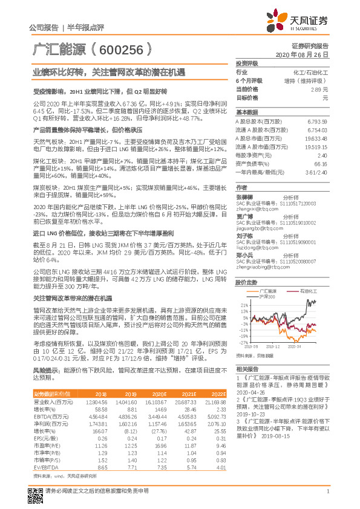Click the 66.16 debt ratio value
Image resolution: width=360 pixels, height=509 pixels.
[x=320, y=163]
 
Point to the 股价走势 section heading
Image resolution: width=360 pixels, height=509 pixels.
[x=246, y=282]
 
